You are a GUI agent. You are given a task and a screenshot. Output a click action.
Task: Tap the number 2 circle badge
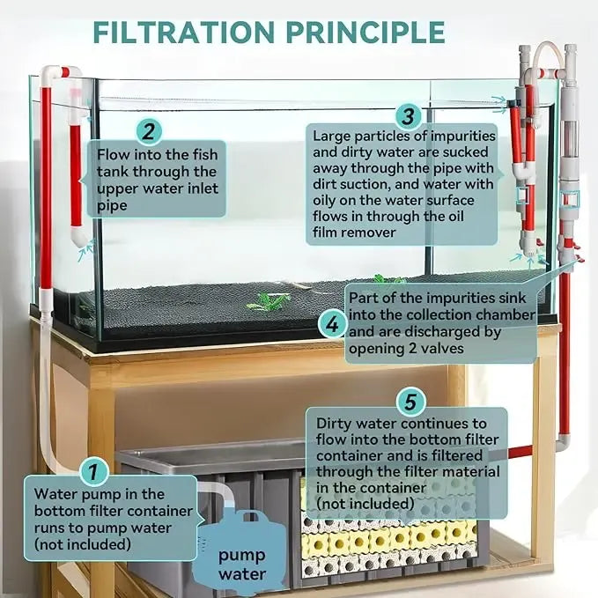pyautogui.click(x=149, y=132)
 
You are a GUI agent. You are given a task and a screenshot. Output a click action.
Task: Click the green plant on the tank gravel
pyautogui.click(x=269, y=302)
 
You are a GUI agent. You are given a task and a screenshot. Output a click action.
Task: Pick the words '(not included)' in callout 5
pyautogui.click(x=365, y=503)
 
